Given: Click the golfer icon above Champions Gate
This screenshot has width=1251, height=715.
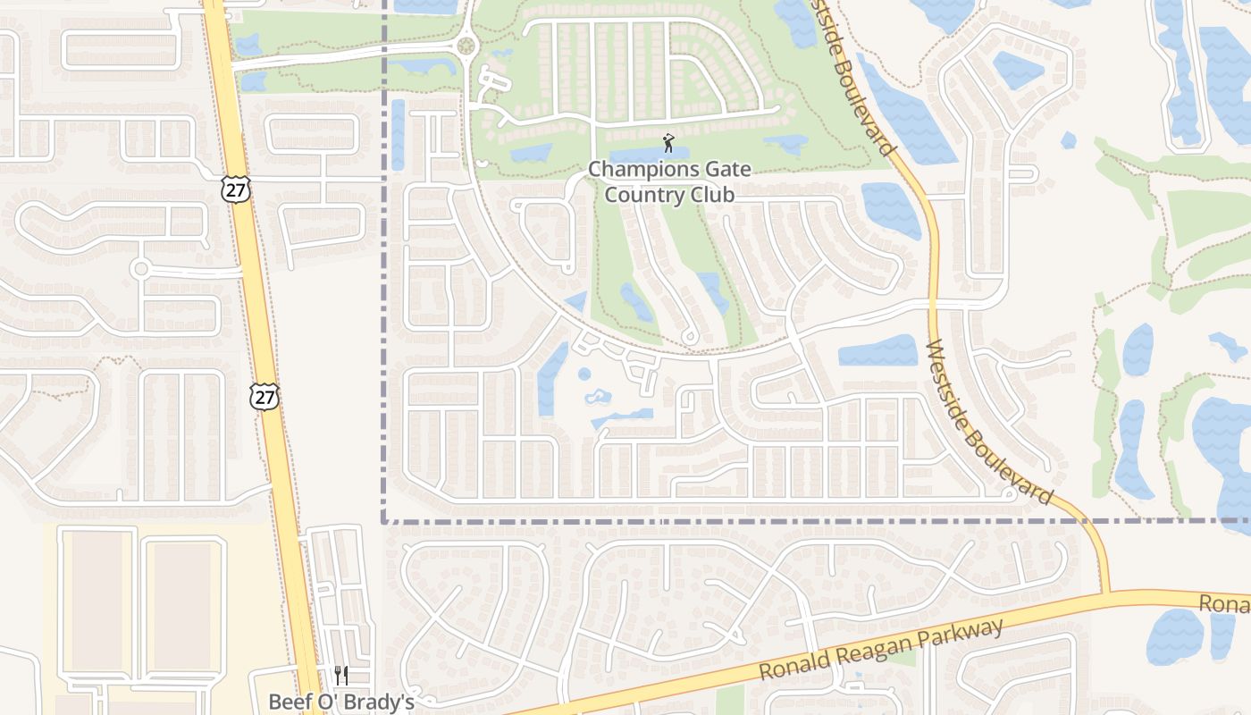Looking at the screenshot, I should pyautogui.click(x=667, y=143).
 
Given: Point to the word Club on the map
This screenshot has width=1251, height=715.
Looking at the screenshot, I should pyautogui.click(x=714, y=194).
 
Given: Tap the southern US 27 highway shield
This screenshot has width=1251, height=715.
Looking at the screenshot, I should pyautogui.click(x=264, y=397).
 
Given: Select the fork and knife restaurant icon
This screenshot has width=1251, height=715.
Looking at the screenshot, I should pyautogui.click(x=340, y=676).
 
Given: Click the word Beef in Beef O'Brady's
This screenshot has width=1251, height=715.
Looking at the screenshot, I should pyautogui.click(x=290, y=702).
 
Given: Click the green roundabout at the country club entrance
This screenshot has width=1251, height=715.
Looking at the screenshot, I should pyautogui.click(x=465, y=46).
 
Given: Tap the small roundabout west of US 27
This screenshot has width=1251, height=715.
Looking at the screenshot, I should pyautogui.click(x=139, y=268).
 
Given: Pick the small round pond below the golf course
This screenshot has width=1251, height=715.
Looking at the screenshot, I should pyautogui.click(x=584, y=374).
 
